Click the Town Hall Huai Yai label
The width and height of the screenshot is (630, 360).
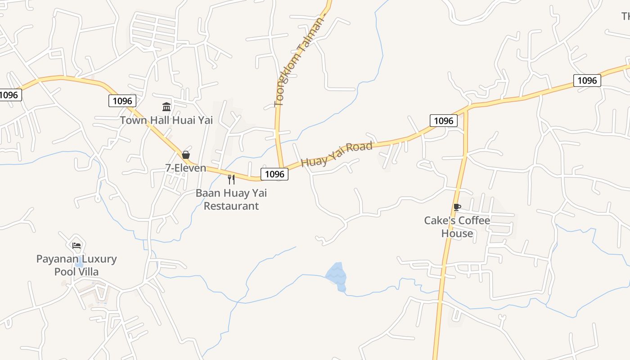166,120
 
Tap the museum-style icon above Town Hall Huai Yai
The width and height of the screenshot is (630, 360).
166,107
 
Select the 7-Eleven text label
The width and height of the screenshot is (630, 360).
185,168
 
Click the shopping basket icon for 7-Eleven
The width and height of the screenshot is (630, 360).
185,155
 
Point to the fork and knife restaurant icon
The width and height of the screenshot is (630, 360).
231,180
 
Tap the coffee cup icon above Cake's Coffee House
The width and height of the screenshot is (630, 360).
457,207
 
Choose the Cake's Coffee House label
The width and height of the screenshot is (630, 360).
457,227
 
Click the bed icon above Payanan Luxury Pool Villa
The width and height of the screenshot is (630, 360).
76,246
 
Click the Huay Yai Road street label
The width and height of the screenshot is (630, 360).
337,154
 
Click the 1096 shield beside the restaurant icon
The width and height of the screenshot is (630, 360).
274,174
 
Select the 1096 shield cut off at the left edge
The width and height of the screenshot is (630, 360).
9,95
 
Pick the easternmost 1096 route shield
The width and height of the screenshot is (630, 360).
587,81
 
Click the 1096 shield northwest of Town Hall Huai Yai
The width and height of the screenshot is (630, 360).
122,101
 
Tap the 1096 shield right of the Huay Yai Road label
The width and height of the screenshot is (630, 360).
443,121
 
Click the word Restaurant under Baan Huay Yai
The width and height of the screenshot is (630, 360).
231,206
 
